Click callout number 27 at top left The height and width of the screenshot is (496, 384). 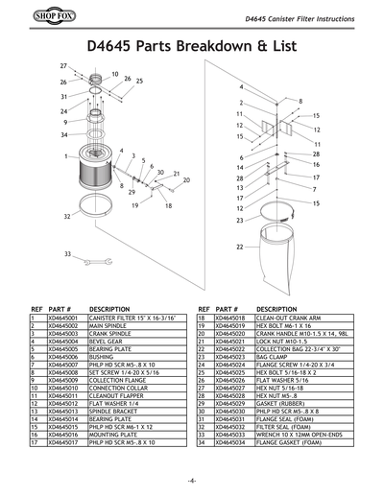(63, 64)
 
